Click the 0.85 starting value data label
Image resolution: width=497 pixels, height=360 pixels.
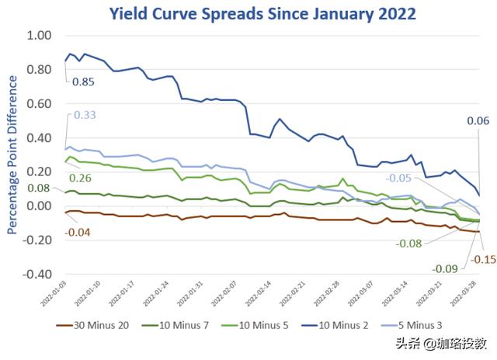point(83,81)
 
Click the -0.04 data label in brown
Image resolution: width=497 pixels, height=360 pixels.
point(78,231)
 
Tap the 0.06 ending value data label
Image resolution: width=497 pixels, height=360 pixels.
point(477,120)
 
